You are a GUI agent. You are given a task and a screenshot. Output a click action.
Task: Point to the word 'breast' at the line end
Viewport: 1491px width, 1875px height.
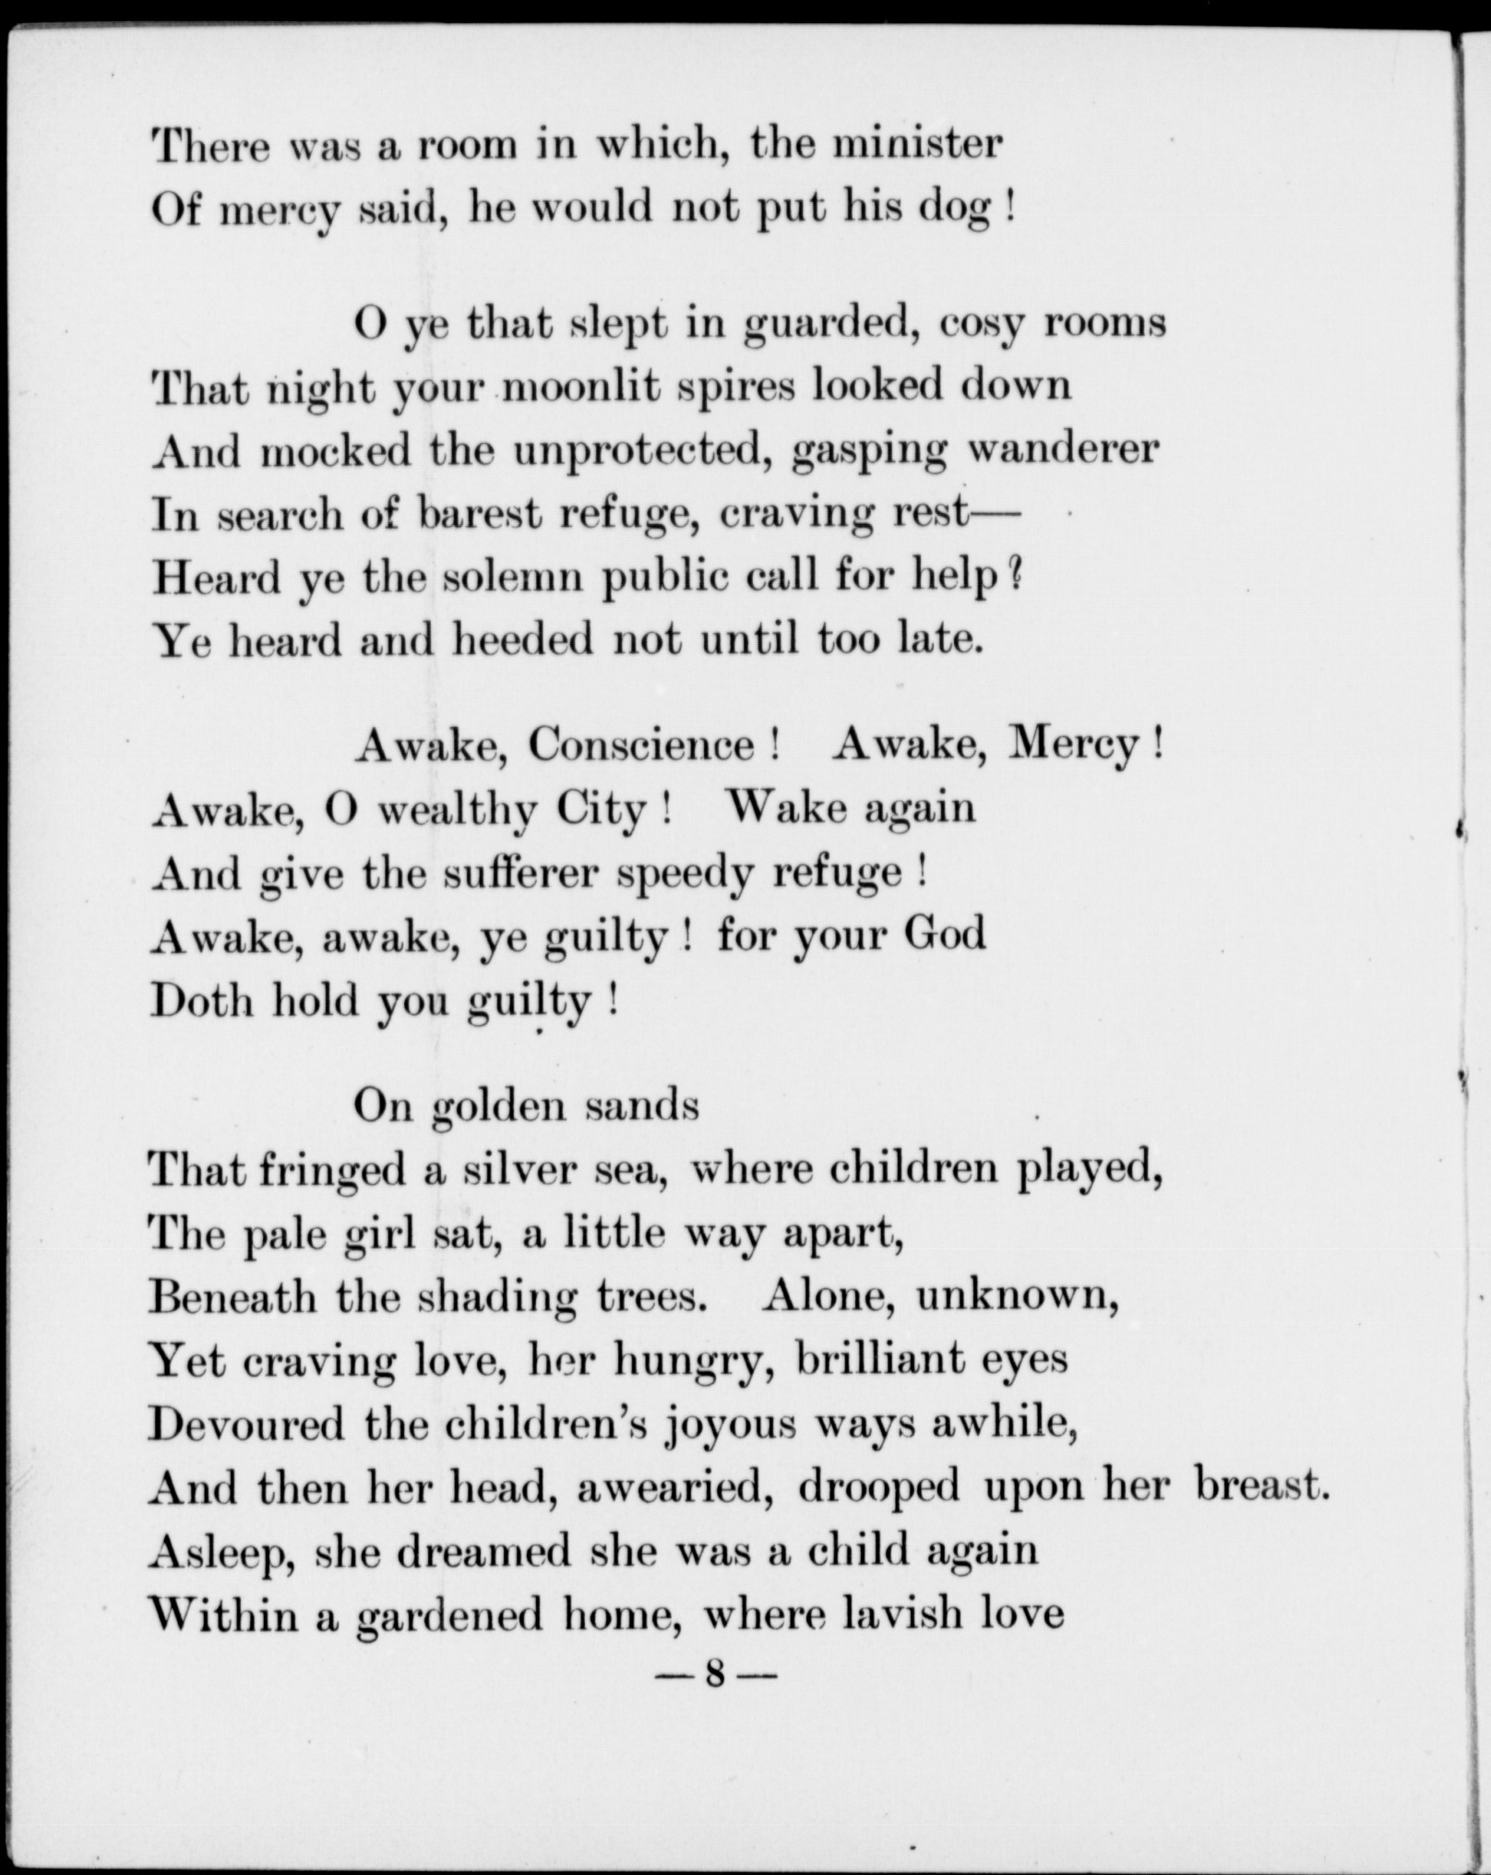pos(1257,1487)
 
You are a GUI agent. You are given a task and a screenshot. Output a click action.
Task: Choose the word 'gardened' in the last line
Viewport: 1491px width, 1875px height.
pos(449,1615)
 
